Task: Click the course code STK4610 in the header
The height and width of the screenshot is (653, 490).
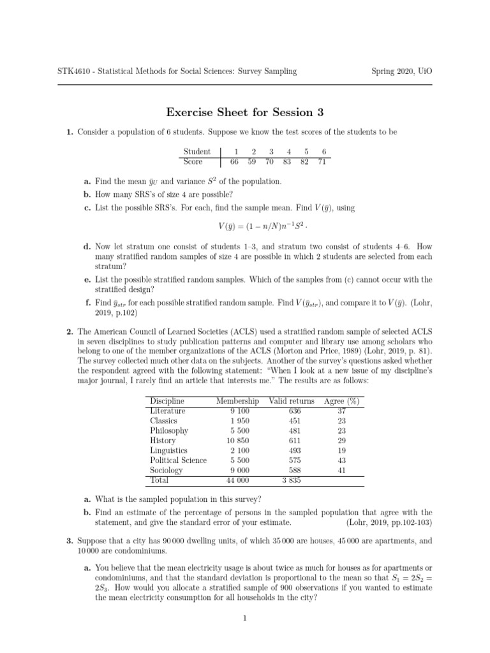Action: [x=76, y=71]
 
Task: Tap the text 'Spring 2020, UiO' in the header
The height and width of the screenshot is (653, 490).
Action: [x=401, y=71]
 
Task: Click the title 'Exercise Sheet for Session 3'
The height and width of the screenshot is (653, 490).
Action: [x=245, y=113]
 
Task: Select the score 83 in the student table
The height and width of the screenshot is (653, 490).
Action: [x=288, y=162]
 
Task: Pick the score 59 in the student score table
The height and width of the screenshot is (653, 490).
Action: [x=253, y=162]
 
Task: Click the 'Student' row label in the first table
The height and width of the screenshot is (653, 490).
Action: [x=197, y=152]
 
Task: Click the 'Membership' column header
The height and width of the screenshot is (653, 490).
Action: [x=237, y=401]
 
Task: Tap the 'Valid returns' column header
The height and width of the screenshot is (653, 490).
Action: [x=292, y=401]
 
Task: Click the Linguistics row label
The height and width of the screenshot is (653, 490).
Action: [x=169, y=450]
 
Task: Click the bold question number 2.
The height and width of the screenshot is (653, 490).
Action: [x=70, y=332]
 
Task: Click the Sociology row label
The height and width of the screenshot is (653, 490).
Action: [x=166, y=470]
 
